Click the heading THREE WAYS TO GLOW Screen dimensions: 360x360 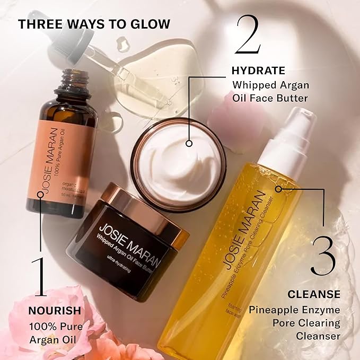(x=94, y=24)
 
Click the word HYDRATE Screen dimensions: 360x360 (x=259, y=70)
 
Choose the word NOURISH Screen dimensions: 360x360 (x=55, y=310)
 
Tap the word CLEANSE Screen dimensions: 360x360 (x=314, y=294)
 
